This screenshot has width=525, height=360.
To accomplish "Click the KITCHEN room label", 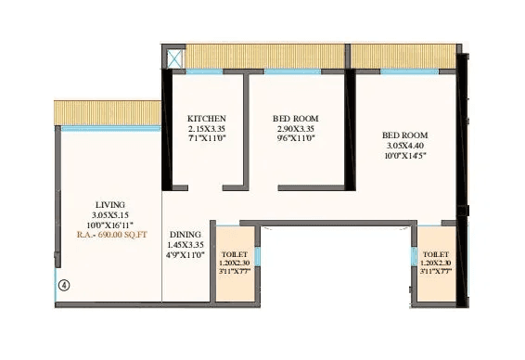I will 206,119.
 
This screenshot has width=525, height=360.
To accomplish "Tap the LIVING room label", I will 110,204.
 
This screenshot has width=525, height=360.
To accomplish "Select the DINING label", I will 186,235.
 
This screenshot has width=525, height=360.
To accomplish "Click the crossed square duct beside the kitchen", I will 173,57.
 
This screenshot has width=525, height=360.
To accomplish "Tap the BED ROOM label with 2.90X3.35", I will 294,119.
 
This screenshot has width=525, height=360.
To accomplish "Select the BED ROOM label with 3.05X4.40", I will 405,135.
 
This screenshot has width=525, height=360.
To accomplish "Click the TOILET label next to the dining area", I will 235,253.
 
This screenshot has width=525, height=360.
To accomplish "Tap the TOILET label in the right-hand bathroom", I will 435,253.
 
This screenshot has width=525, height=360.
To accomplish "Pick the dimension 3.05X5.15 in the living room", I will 110,215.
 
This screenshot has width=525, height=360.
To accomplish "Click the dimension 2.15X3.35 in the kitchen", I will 206,129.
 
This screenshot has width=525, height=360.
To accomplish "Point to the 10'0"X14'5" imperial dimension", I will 405,158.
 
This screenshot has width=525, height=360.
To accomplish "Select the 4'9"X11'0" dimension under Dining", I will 186,256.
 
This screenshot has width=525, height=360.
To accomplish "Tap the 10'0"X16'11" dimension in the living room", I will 110,225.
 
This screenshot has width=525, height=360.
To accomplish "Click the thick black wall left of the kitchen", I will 167,130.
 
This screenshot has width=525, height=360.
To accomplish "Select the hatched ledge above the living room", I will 108,112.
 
